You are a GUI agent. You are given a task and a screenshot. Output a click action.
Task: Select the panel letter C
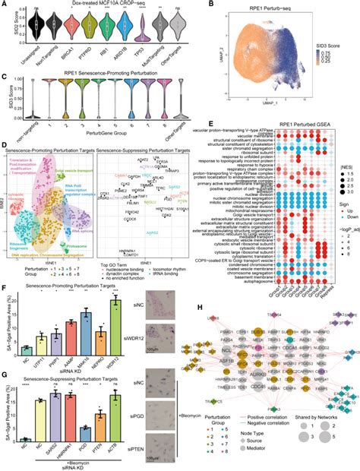(4, 77)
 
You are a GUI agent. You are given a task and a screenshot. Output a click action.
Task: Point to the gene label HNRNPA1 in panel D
(142, 228)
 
